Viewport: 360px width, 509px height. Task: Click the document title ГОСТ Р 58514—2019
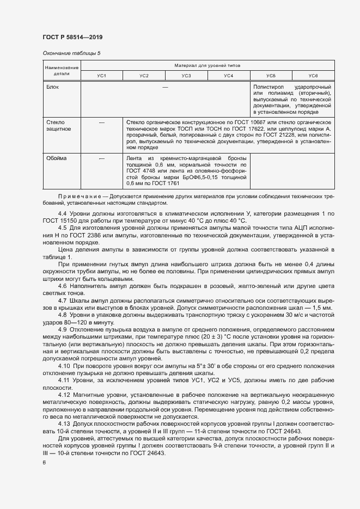click(72, 37)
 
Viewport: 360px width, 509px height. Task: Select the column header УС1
click(101, 75)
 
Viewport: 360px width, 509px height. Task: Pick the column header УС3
click(186, 75)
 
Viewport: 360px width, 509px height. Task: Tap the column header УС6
click(313, 75)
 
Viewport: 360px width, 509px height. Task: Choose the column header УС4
click(229, 75)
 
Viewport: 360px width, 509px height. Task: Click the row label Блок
click(53, 87)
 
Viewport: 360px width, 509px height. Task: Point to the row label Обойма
click(56, 158)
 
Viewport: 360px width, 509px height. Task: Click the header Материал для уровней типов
click(207, 65)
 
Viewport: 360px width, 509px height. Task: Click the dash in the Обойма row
click(102, 158)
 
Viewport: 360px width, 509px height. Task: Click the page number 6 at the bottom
click(45, 462)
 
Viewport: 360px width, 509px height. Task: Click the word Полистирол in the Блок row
click(269, 87)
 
